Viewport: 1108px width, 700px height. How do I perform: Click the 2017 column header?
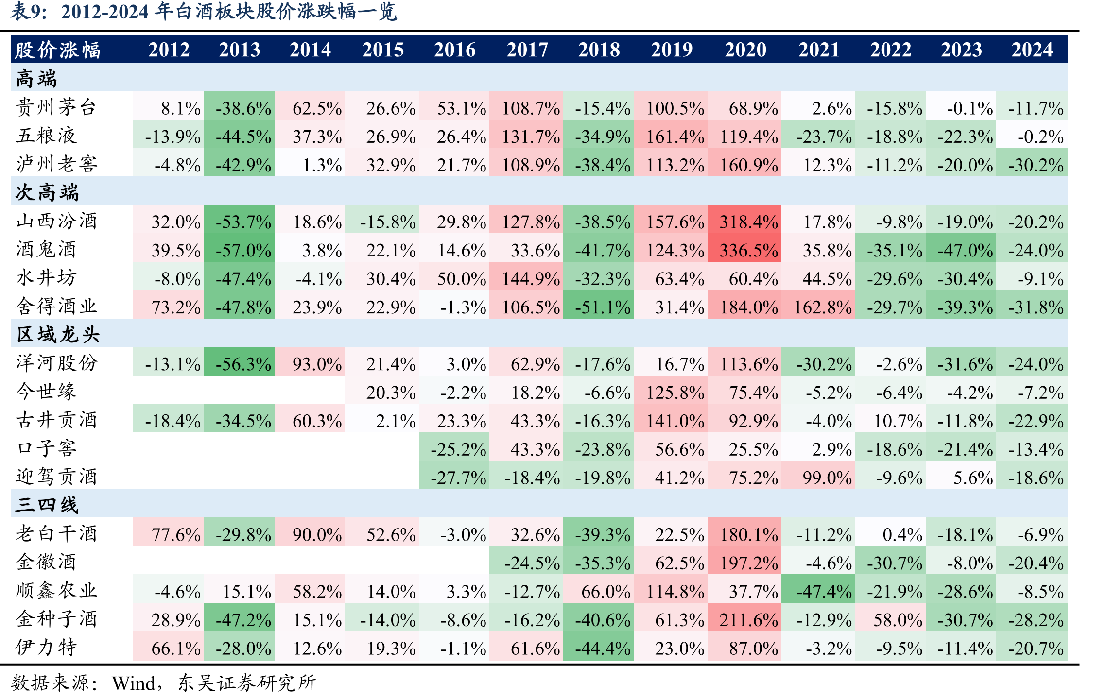[x=527, y=50]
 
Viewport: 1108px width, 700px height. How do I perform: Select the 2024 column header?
[x=1032, y=50]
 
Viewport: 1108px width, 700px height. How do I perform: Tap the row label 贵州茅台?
[x=56, y=107]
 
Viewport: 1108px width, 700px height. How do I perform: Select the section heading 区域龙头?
[x=57, y=335]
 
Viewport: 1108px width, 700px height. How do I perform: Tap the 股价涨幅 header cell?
[x=57, y=50]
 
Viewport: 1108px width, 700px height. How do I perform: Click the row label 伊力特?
[x=46, y=648]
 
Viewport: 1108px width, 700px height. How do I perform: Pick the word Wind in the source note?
[x=134, y=683]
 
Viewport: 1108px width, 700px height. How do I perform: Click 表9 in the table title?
[x=25, y=11]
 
